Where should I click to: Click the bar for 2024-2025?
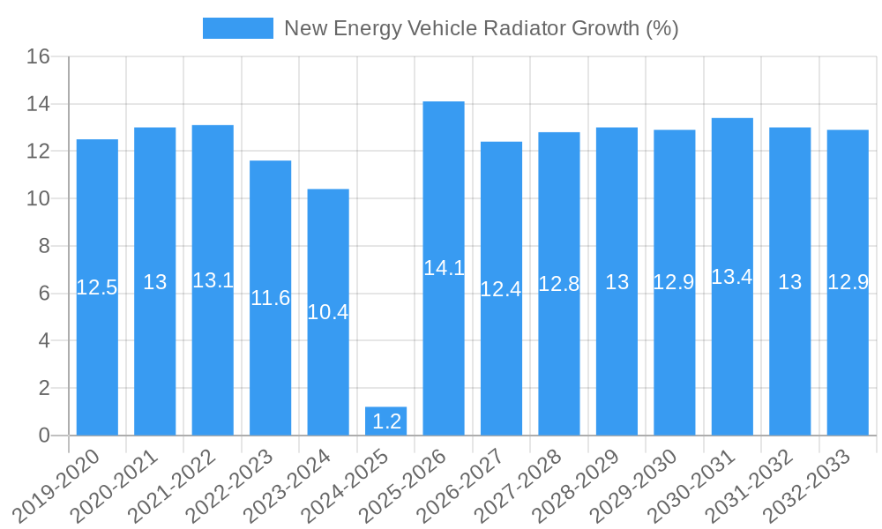click(x=385, y=421)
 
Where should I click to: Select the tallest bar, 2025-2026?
click(x=444, y=268)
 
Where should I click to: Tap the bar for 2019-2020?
click(x=97, y=287)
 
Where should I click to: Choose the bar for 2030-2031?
click(x=732, y=276)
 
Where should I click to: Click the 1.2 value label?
click(x=386, y=421)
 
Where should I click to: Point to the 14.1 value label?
click(x=444, y=268)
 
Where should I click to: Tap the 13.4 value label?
click(x=732, y=277)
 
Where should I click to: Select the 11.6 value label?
click(x=270, y=298)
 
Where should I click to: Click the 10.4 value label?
click(x=328, y=312)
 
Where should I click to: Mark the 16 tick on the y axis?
click(x=38, y=57)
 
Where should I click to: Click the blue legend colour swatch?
click(x=237, y=28)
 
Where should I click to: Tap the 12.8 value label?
click(x=559, y=284)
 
